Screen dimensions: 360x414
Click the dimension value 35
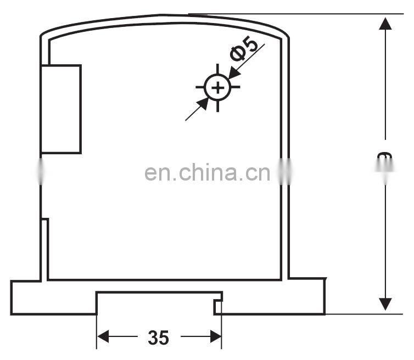(158, 337)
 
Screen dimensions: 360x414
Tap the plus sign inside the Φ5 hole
(218, 88)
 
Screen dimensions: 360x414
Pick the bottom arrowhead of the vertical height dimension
(385, 303)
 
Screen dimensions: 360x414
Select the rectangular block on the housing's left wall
(61, 109)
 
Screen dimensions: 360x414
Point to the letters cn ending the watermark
(258, 174)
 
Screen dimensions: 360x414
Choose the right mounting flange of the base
(305, 296)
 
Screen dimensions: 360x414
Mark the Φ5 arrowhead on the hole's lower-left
(202, 104)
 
